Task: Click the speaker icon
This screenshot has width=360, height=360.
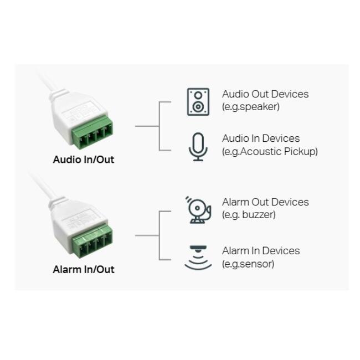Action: (198, 101)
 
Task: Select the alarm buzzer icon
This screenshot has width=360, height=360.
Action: (198, 209)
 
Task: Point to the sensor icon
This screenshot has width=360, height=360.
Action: (198, 258)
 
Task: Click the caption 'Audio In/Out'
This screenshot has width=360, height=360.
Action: (83, 160)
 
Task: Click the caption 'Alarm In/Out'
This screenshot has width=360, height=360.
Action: (83, 270)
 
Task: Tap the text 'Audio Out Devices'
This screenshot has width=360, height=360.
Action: (265, 94)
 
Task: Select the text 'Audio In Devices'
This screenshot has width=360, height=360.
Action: (261, 138)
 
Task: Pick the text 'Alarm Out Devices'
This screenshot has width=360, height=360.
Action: (265, 202)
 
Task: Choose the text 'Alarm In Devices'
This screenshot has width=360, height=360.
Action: (261, 251)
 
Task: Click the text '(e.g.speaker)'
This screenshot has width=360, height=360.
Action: (251, 107)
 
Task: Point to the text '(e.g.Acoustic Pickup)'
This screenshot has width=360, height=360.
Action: (270, 151)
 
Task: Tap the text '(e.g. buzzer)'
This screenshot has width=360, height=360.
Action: (249, 215)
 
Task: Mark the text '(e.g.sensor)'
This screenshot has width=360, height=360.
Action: (248, 264)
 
